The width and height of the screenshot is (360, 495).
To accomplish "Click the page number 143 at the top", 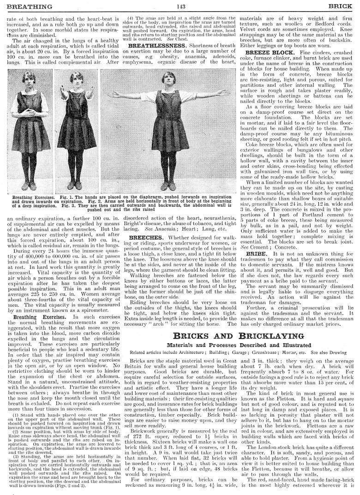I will [180, 6].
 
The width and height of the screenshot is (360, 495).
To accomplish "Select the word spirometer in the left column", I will [96, 298].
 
